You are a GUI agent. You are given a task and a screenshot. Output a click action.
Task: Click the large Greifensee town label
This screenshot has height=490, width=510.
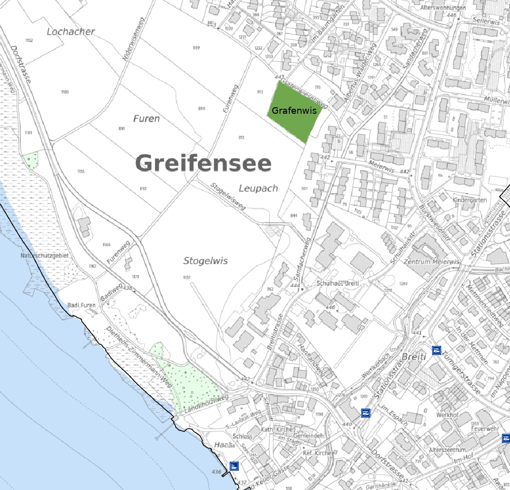(203, 164)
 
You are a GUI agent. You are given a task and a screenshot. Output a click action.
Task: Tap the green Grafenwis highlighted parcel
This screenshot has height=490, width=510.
(295, 110)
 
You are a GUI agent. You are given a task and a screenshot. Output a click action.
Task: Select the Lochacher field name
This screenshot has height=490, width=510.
(71, 31)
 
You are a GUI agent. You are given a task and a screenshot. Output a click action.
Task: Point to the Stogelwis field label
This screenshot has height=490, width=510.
(205, 261)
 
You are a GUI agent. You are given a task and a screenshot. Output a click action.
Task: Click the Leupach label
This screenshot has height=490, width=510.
(258, 188)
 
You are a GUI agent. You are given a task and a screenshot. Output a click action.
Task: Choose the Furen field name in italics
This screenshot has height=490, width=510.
(146, 119)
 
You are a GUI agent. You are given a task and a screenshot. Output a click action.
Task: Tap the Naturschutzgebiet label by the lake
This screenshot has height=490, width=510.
(44, 256)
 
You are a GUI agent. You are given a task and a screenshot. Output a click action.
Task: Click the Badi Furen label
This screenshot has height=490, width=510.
(81, 305)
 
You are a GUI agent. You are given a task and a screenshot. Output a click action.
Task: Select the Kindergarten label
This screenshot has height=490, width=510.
(470, 200)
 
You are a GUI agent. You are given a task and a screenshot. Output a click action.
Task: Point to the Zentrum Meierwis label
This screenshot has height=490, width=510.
(431, 262)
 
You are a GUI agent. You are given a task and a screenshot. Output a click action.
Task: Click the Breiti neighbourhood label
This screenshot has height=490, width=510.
(414, 357)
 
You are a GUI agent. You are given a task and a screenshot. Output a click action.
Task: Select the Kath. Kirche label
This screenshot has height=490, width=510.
(277, 429)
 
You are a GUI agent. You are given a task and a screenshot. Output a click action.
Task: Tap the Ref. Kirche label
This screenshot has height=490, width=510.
(317, 453)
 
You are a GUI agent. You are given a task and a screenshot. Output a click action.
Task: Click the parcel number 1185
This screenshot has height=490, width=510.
(65, 92)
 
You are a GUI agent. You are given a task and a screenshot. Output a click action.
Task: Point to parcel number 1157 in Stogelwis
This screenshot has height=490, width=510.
(187, 278)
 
